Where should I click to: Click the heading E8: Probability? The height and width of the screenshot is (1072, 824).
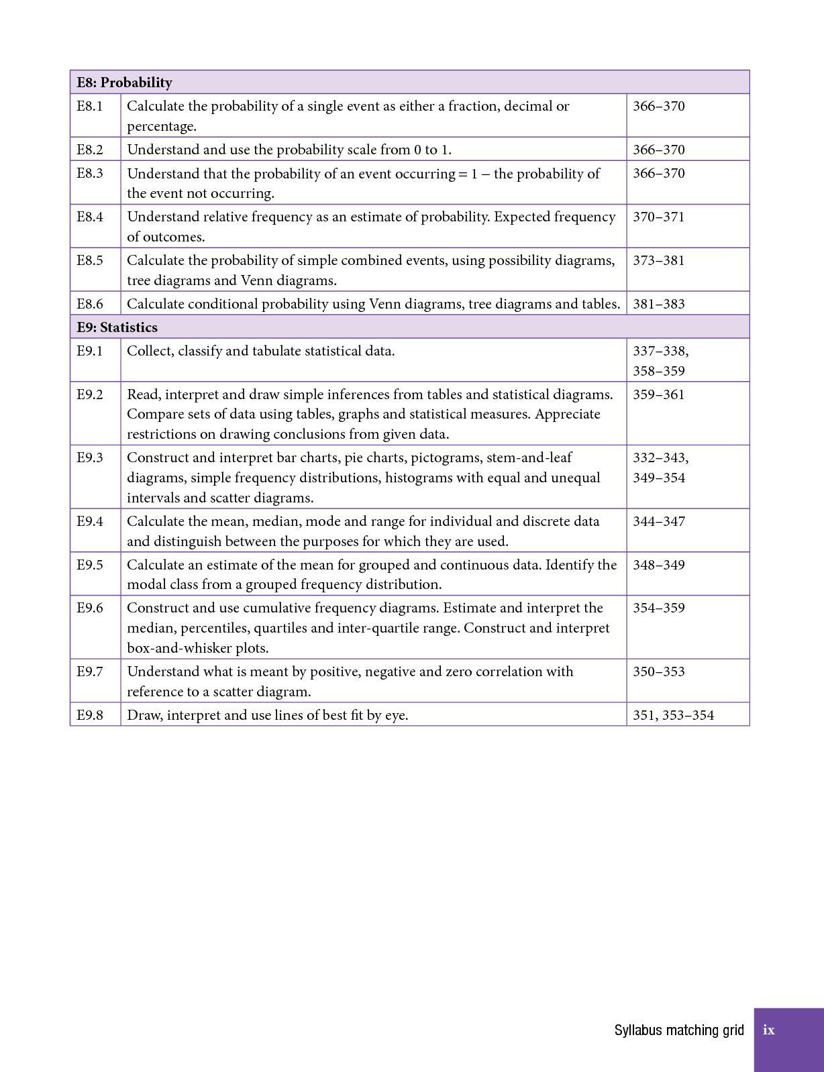[124, 83]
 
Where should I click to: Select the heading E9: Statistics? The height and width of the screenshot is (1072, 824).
[117, 327]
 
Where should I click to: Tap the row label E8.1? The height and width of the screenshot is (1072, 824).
[90, 106]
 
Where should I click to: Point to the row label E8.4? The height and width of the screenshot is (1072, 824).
[90, 217]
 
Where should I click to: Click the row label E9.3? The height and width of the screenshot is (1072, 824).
[90, 458]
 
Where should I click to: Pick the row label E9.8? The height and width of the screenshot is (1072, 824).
[90, 715]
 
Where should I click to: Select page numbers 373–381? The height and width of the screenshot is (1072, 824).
[658, 260]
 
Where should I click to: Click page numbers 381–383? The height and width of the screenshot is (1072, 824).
[658, 304]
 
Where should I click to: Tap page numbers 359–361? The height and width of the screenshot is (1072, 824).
[658, 394]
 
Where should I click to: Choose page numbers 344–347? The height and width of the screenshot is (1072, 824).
[658, 521]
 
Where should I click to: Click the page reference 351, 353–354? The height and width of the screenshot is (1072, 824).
[673, 715]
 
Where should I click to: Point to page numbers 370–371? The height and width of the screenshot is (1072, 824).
[658, 217]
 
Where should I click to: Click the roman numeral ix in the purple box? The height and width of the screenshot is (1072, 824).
[769, 1030]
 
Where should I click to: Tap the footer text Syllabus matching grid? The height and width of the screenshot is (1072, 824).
[679, 1030]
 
